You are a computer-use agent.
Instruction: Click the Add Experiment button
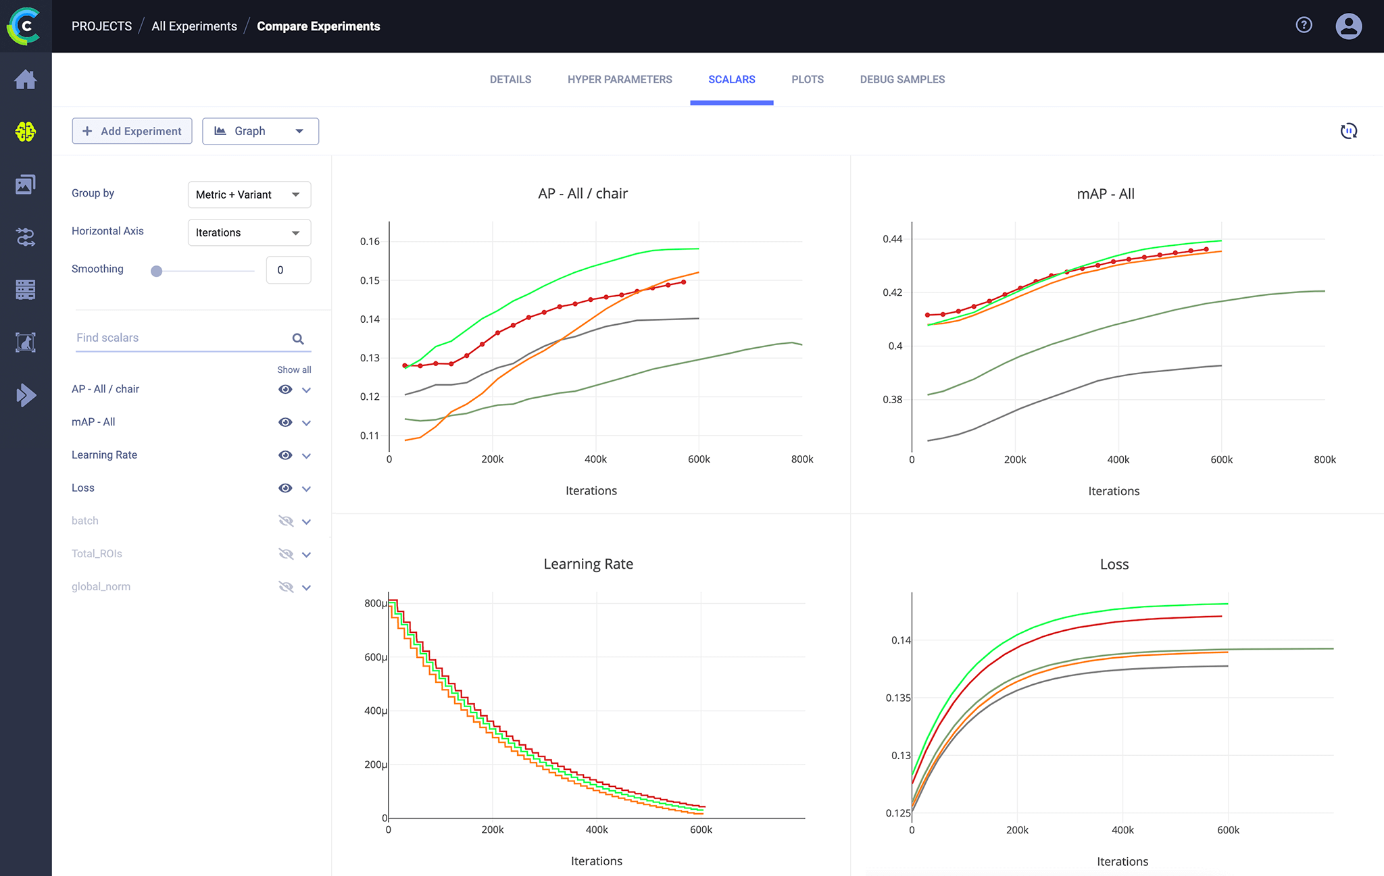[132, 131]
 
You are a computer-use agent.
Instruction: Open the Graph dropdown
[260, 131]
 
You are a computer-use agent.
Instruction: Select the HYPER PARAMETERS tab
[619, 80]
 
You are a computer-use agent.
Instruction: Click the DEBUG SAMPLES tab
[901, 80]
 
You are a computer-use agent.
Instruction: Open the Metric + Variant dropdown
[249, 195]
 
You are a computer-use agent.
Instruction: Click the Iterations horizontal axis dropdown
[249, 232]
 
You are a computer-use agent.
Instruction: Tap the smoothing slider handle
[157, 271]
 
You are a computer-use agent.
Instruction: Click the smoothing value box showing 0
[288, 270]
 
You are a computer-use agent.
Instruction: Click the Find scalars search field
[182, 338]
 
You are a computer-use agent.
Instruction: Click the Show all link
[294, 369]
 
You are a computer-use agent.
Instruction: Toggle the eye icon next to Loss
[285, 488]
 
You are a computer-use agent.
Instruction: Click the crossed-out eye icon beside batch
[285, 521]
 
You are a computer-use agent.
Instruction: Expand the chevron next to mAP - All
[306, 423]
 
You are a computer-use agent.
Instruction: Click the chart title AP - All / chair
[583, 194]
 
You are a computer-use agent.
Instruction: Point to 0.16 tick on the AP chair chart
[370, 242]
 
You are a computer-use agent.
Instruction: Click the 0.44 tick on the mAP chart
[892, 239]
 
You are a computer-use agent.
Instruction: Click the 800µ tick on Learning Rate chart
[376, 603]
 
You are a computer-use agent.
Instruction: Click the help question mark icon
[1304, 26]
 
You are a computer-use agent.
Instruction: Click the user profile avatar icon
[1348, 26]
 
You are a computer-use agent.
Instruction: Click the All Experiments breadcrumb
[194, 26]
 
